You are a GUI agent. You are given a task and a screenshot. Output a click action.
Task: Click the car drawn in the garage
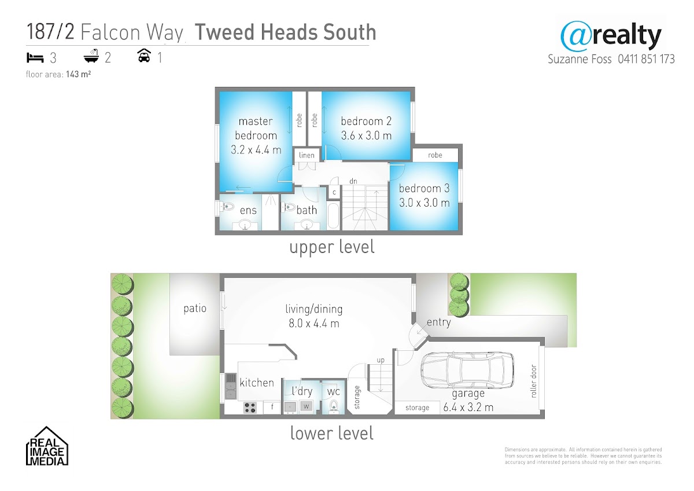point(467,370)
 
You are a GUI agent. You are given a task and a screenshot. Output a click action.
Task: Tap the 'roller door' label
point(533,381)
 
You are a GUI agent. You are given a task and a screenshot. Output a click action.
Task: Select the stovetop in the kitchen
point(250,408)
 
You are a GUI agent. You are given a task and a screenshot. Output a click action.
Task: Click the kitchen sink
point(230,386)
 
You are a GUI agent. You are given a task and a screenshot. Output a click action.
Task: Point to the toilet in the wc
point(333,406)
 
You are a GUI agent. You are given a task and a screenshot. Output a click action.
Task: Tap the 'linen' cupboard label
point(307,155)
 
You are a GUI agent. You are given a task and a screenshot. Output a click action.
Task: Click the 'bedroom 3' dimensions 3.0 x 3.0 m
point(424,203)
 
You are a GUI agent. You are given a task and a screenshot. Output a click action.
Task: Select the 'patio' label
point(195,309)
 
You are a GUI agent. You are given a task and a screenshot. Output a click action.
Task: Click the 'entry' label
point(439,323)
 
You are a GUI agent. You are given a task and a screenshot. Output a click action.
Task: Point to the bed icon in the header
point(35,58)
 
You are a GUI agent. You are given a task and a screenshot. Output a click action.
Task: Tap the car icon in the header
point(144,56)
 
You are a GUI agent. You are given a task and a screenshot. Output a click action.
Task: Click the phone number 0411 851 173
point(647,59)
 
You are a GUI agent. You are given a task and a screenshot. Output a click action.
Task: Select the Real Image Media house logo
point(47,446)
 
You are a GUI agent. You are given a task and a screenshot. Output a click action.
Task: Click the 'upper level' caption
point(332,247)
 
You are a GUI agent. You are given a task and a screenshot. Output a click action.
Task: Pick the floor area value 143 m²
point(79,74)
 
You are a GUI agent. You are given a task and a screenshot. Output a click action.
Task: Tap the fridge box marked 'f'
point(272,407)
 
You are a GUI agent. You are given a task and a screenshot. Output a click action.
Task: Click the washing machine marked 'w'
point(306,406)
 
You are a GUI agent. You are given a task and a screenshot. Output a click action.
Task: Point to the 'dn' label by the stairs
point(353,181)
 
